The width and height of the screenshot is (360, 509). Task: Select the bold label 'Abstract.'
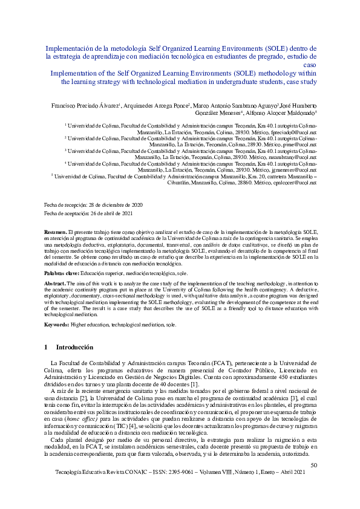point(56,282)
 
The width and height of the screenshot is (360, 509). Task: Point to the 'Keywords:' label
point(59,325)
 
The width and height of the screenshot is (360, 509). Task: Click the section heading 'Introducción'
point(74,348)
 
